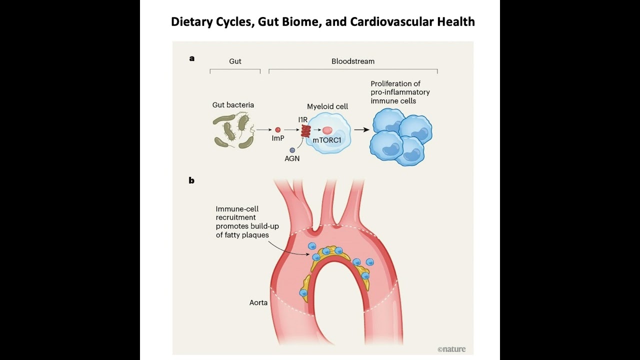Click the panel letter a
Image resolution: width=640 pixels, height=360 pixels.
(x=192, y=58)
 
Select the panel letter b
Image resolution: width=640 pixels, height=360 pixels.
(x=191, y=180)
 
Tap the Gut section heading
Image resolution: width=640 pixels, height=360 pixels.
(x=235, y=61)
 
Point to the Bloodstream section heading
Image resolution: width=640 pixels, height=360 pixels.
(x=352, y=61)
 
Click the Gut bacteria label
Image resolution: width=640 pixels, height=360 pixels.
(x=233, y=105)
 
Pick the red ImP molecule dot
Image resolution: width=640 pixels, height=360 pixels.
(x=278, y=130)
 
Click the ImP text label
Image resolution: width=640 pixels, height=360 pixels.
(x=278, y=138)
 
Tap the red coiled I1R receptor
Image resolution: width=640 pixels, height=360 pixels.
(x=305, y=131)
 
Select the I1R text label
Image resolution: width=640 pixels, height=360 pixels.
(x=302, y=119)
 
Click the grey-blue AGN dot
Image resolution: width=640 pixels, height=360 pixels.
(x=292, y=150)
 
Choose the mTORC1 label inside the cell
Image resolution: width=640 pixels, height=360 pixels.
(x=327, y=140)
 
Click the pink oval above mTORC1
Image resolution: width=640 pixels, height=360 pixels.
(x=327, y=130)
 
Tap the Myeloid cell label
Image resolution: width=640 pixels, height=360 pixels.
(x=327, y=106)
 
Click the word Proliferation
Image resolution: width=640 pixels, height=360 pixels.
(x=391, y=84)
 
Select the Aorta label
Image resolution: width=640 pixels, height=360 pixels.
(x=258, y=302)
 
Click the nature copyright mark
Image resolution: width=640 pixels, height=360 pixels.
(x=451, y=349)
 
